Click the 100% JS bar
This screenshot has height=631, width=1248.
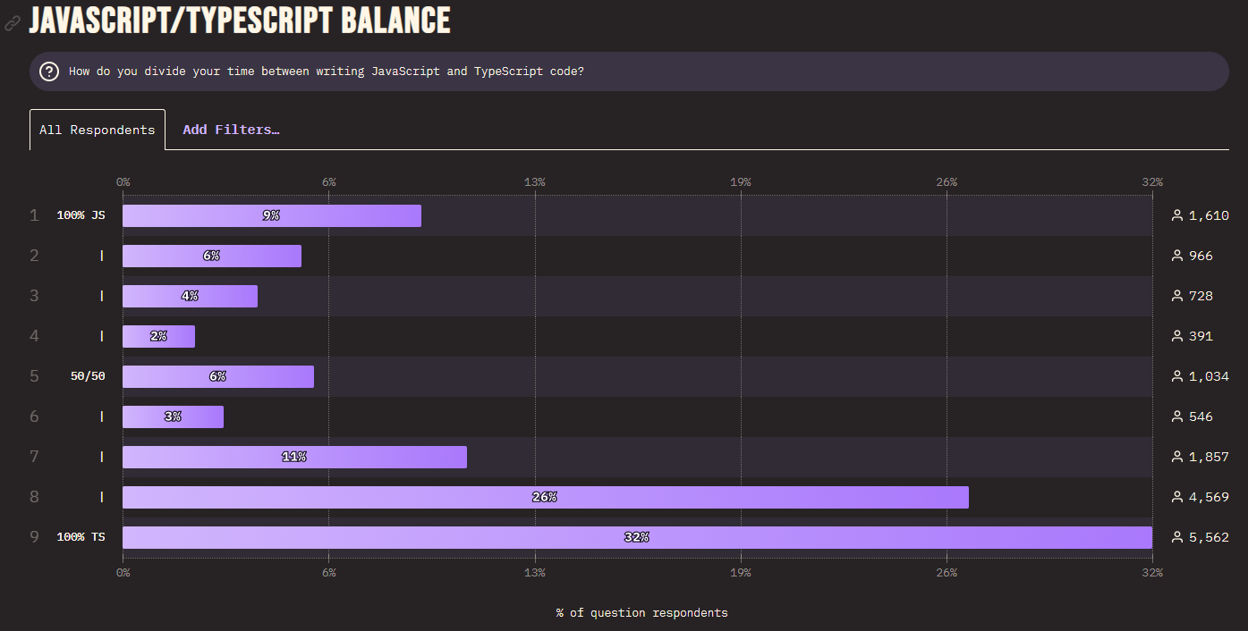[271, 215]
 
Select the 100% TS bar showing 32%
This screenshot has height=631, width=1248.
[636, 537]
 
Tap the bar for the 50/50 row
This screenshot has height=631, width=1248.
[217, 376]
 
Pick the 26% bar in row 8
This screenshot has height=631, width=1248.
[545, 497]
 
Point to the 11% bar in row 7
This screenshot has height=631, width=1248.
[294, 457]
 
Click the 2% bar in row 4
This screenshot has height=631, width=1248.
[158, 336]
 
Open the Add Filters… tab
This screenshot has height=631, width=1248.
[231, 130]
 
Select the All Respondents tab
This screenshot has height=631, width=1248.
[98, 130]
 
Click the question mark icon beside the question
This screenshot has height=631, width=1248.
[49, 72]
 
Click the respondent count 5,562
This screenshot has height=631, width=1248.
[1209, 537]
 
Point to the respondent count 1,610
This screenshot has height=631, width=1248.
[1209, 215]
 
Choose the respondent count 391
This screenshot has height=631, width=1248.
[1201, 336]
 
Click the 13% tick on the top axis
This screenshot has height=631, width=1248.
[535, 182]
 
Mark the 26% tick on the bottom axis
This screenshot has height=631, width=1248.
[947, 572]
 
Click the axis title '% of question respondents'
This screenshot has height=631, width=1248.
[641, 612]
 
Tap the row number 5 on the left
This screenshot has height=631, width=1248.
[34, 376]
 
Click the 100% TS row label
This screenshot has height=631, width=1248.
[81, 537]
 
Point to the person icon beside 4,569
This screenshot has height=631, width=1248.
[1177, 497]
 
